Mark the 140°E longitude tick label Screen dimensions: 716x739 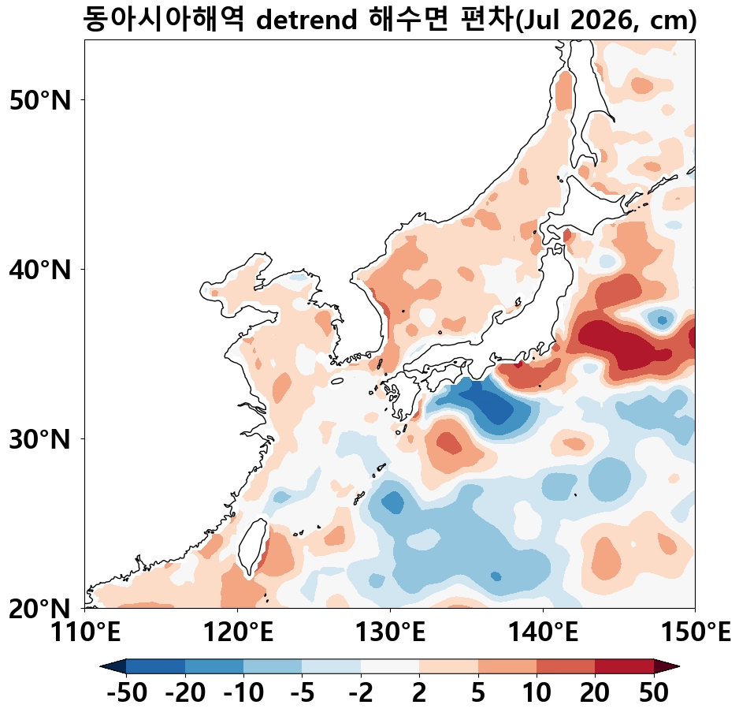point(543,632)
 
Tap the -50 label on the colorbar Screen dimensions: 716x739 point(126,694)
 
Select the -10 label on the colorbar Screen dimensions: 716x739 point(243,694)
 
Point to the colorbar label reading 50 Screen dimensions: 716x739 point(653,694)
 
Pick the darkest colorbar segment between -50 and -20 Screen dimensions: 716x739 point(155,666)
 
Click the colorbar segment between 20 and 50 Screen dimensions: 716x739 point(624,666)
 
